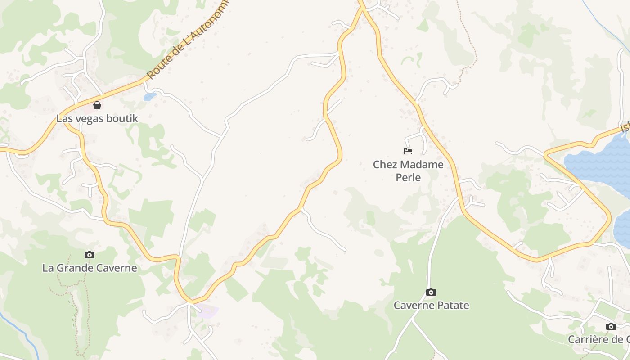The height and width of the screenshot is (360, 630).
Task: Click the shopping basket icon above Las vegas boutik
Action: (97, 105)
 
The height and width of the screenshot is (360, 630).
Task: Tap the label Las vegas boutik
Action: (97, 119)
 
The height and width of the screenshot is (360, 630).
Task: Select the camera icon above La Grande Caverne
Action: (90, 255)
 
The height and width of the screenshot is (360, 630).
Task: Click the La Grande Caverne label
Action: (90, 268)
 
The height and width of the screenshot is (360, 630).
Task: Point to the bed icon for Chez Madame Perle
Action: (408, 151)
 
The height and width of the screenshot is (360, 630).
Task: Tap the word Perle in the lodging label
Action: (408, 177)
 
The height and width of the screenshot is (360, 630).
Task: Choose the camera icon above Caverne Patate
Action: (431, 292)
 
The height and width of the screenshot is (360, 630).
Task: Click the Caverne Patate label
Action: (431, 306)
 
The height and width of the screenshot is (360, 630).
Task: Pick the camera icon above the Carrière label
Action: (611, 326)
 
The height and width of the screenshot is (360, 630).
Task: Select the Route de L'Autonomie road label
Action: (188, 40)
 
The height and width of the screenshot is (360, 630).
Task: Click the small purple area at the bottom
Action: (207, 310)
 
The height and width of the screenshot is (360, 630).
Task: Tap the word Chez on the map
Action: (383, 165)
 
